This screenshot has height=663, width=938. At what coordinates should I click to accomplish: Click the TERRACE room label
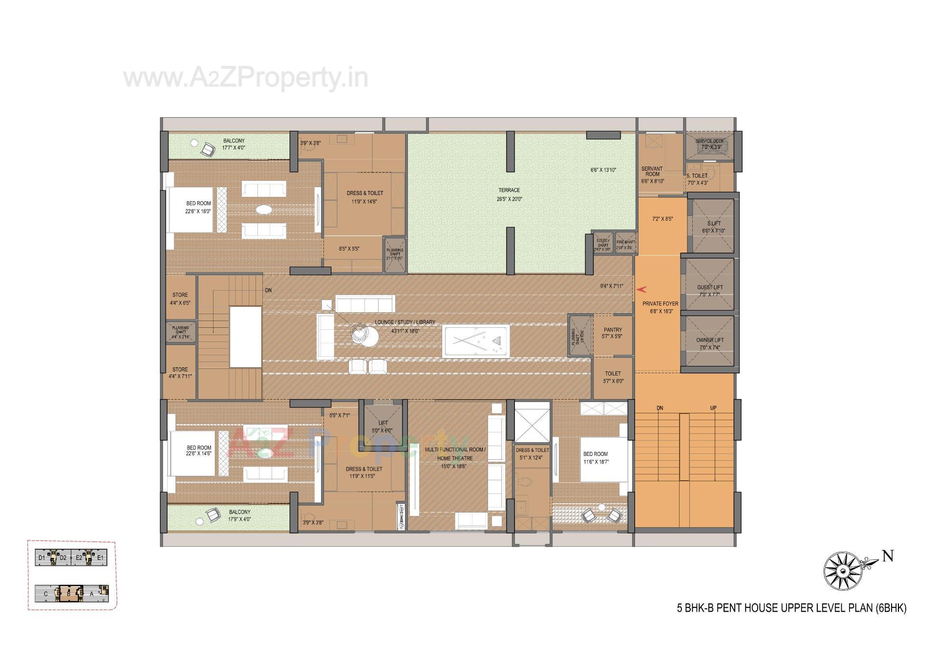509,190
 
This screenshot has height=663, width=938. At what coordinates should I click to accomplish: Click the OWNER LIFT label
710,340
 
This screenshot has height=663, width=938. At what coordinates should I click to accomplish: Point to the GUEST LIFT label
710,287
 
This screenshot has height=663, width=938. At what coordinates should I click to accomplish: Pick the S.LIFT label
714,223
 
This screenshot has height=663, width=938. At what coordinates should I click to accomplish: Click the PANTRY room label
613,330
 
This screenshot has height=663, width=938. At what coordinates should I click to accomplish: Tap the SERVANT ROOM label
652,171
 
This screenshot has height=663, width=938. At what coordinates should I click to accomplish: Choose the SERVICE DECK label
709,141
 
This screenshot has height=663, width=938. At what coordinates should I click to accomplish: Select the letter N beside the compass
888,556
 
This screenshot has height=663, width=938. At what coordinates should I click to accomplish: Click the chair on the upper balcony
208,149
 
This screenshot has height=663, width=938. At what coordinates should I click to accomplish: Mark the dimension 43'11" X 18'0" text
405,331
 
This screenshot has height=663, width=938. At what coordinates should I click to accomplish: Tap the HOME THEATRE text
454,458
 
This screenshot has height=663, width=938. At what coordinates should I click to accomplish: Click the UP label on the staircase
713,408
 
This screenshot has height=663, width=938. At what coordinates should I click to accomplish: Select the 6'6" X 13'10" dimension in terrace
603,170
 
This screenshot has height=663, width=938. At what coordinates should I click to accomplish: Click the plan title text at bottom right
791,608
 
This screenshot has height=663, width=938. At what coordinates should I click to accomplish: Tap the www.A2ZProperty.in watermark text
245,78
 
